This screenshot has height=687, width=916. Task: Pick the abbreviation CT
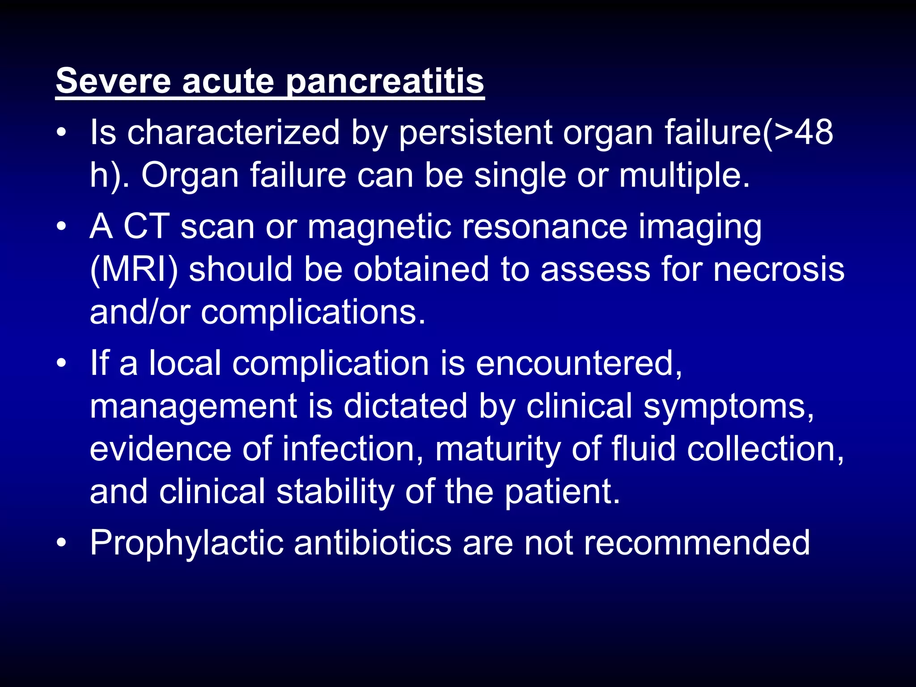pyautogui.click(x=146, y=226)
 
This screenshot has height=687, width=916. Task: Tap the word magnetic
pyautogui.click(x=379, y=226)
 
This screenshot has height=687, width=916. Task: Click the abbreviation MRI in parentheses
pyautogui.click(x=134, y=269)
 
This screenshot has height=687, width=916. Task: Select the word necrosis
pyautogui.click(x=779, y=269)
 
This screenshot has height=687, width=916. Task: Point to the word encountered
pyautogui.click(x=579, y=363)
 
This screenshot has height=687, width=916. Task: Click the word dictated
pyautogui.click(x=405, y=406)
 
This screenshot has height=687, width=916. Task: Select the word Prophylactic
pyautogui.click(x=187, y=543)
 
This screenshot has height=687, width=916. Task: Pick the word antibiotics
pyautogui.click(x=373, y=543)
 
